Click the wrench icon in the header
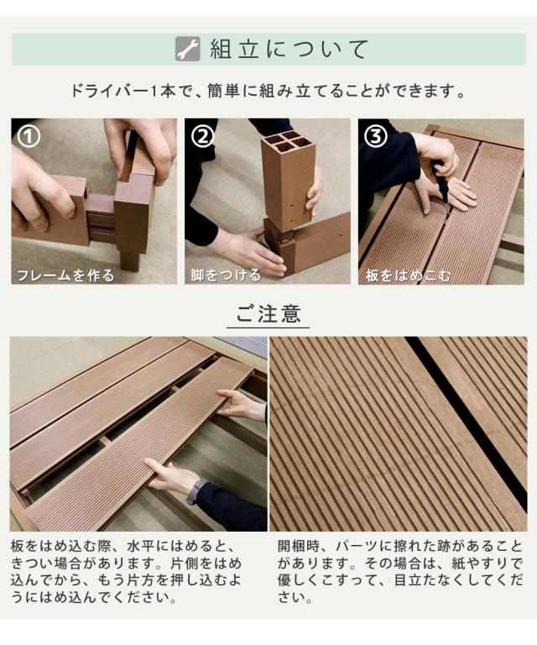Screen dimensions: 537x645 (x=188, y=49)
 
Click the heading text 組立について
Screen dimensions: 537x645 (x=289, y=50)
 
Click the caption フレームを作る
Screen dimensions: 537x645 (x=65, y=275)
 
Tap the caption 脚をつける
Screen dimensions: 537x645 (x=226, y=275)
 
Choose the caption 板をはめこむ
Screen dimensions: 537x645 (x=408, y=275)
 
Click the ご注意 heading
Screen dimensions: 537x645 (x=268, y=313)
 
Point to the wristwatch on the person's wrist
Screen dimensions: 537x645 (x=196, y=491)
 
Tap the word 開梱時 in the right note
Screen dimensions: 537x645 (x=299, y=546)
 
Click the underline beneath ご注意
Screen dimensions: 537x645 (x=268, y=328)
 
